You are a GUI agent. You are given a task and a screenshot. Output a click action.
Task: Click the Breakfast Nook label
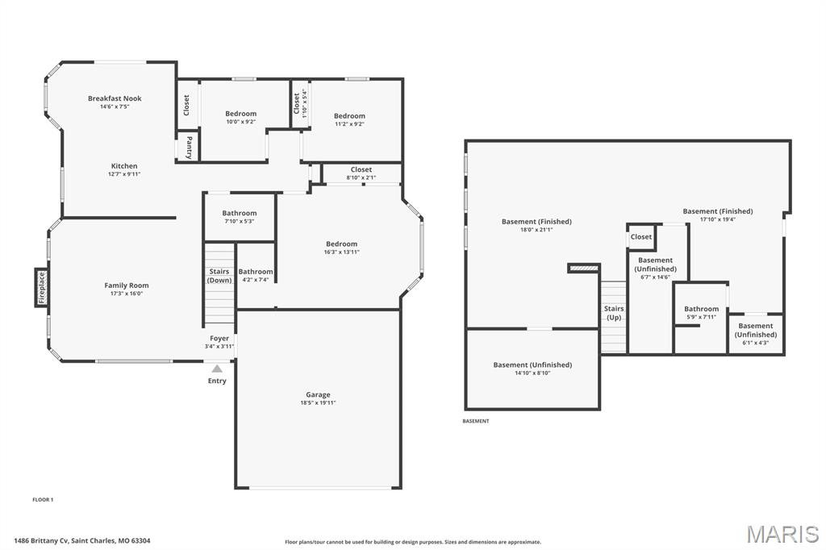115,98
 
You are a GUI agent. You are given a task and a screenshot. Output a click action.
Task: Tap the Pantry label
189,147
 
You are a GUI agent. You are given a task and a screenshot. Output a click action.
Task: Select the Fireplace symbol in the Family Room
41,288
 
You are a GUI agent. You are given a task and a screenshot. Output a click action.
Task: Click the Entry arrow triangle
217,369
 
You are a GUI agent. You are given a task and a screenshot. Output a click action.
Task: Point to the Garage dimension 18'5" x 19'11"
317,402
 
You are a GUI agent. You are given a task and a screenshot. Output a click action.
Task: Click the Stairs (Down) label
219,276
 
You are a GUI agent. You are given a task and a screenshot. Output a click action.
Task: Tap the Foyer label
219,338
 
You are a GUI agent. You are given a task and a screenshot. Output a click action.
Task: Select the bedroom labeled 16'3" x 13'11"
341,248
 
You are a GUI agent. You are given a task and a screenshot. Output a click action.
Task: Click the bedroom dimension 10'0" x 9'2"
240,122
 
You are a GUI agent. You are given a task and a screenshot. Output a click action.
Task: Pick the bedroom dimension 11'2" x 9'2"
349,124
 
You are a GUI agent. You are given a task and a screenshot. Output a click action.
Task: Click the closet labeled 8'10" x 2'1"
361,173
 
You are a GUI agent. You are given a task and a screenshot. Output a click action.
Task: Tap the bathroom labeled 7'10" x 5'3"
240,217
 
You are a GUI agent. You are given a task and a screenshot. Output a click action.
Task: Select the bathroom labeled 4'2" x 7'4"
256,276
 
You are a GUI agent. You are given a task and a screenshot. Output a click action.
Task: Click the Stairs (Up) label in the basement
614,313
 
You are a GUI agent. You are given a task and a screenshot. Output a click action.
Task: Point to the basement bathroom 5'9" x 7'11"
701,312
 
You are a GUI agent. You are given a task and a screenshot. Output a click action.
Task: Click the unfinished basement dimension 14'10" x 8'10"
532,373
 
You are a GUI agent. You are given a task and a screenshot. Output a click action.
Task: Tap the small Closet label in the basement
641,237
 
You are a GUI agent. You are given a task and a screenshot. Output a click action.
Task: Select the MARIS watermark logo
782,534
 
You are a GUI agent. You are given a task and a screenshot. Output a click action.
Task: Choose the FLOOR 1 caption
43,500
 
